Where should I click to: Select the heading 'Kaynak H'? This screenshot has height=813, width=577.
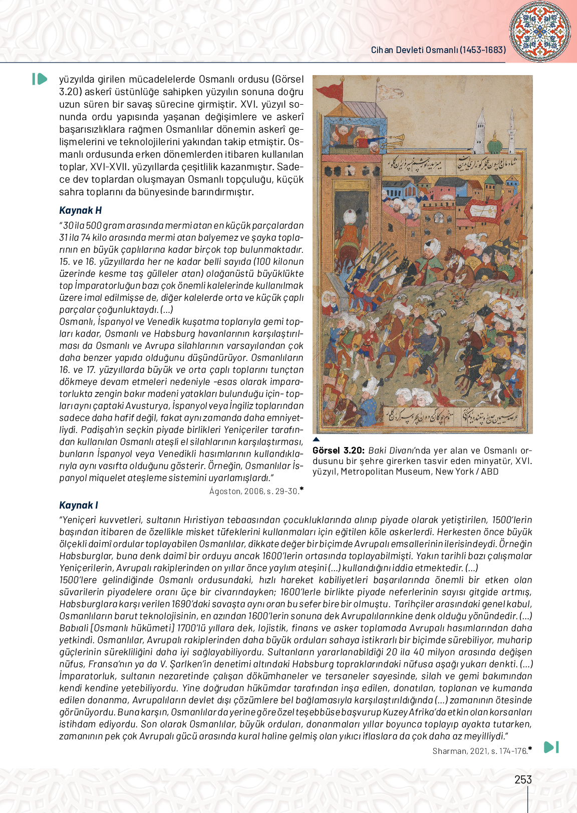point(80,210)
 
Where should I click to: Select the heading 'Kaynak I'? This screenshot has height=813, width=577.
point(79,505)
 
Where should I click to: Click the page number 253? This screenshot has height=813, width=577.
point(523,779)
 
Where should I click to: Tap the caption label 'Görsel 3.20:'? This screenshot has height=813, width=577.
point(338,451)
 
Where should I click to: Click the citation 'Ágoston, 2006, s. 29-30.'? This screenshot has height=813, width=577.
point(254,491)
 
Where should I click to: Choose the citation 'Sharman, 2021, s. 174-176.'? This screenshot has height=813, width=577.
point(480,751)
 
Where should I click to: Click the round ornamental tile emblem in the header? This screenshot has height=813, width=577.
point(539,32)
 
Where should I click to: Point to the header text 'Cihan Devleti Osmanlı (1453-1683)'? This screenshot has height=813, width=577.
point(438,50)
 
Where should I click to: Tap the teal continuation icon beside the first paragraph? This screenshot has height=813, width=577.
point(40,79)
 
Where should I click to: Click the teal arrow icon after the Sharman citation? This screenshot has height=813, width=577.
point(551,747)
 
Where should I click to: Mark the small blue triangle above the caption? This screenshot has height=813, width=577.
point(316,439)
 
